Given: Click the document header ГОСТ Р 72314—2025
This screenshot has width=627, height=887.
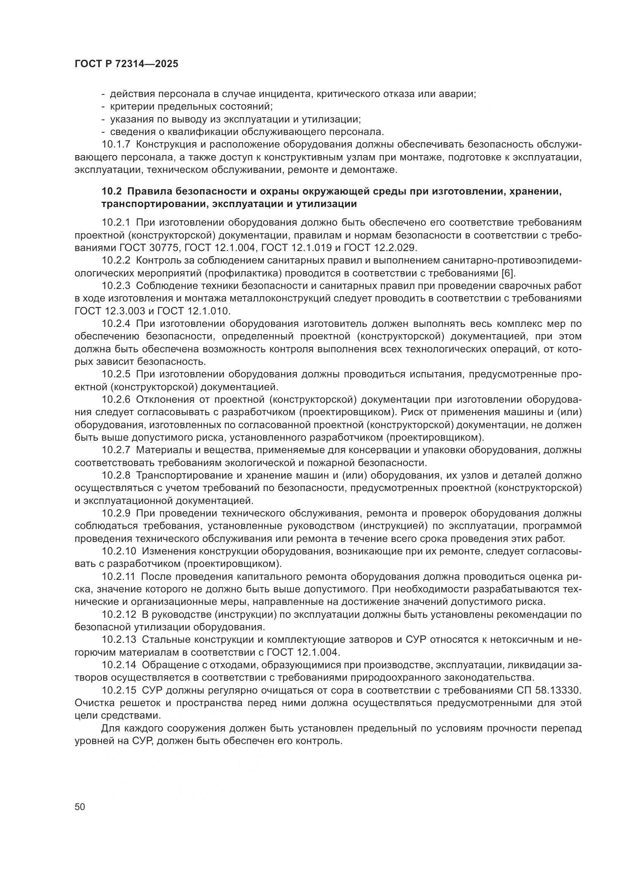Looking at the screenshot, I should click(x=126, y=64).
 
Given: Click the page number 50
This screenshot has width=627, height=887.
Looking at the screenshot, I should click(x=80, y=807).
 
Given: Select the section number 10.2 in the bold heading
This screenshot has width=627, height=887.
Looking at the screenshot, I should click(x=111, y=192).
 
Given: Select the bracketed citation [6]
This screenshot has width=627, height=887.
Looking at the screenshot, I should click(x=508, y=273).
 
